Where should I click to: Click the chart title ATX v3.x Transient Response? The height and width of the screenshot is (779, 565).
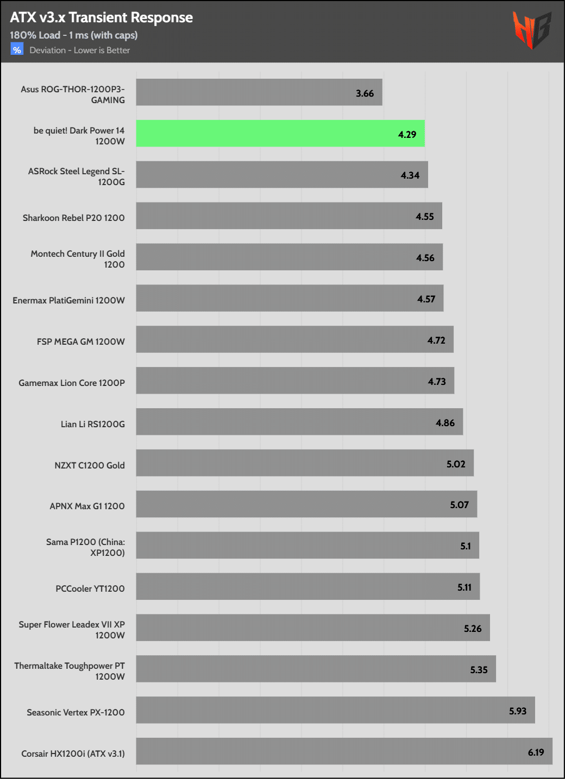[x=101, y=17]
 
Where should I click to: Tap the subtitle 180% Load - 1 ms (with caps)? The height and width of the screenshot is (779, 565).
[x=73, y=35]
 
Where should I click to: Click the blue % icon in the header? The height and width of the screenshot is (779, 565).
[x=17, y=50]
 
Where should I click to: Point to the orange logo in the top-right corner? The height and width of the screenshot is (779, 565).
[x=532, y=30]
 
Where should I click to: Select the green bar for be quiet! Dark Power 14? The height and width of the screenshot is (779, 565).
[x=280, y=134]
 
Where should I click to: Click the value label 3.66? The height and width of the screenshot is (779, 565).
[x=365, y=93]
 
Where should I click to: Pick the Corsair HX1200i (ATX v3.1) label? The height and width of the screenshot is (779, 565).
[x=73, y=753]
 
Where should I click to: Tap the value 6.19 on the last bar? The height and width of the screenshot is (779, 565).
[x=536, y=752]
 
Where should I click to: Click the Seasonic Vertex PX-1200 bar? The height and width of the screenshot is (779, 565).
[x=335, y=710]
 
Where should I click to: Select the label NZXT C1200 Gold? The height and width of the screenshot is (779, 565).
[x=90, y=465]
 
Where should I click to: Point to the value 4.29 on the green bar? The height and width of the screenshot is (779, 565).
[x=407, y=135]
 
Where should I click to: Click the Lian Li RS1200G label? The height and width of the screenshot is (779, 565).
[x=92, y=424]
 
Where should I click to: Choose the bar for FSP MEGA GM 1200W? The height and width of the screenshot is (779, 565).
[x=294, y=339]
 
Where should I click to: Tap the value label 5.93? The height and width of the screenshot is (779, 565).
[x=517, y=711]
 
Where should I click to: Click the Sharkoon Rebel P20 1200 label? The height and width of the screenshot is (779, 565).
[x=73, y=218]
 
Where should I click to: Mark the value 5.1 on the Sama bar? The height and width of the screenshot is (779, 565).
[x=466, y=546]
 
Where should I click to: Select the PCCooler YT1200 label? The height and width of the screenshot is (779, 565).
[x=90, y=588]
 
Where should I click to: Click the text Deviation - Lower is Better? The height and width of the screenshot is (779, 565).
[x=79, y=50]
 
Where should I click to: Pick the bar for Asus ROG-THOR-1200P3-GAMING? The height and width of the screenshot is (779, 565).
[x=259, y=92]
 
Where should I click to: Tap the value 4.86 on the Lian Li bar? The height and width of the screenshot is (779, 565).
[x=445, y=423]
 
